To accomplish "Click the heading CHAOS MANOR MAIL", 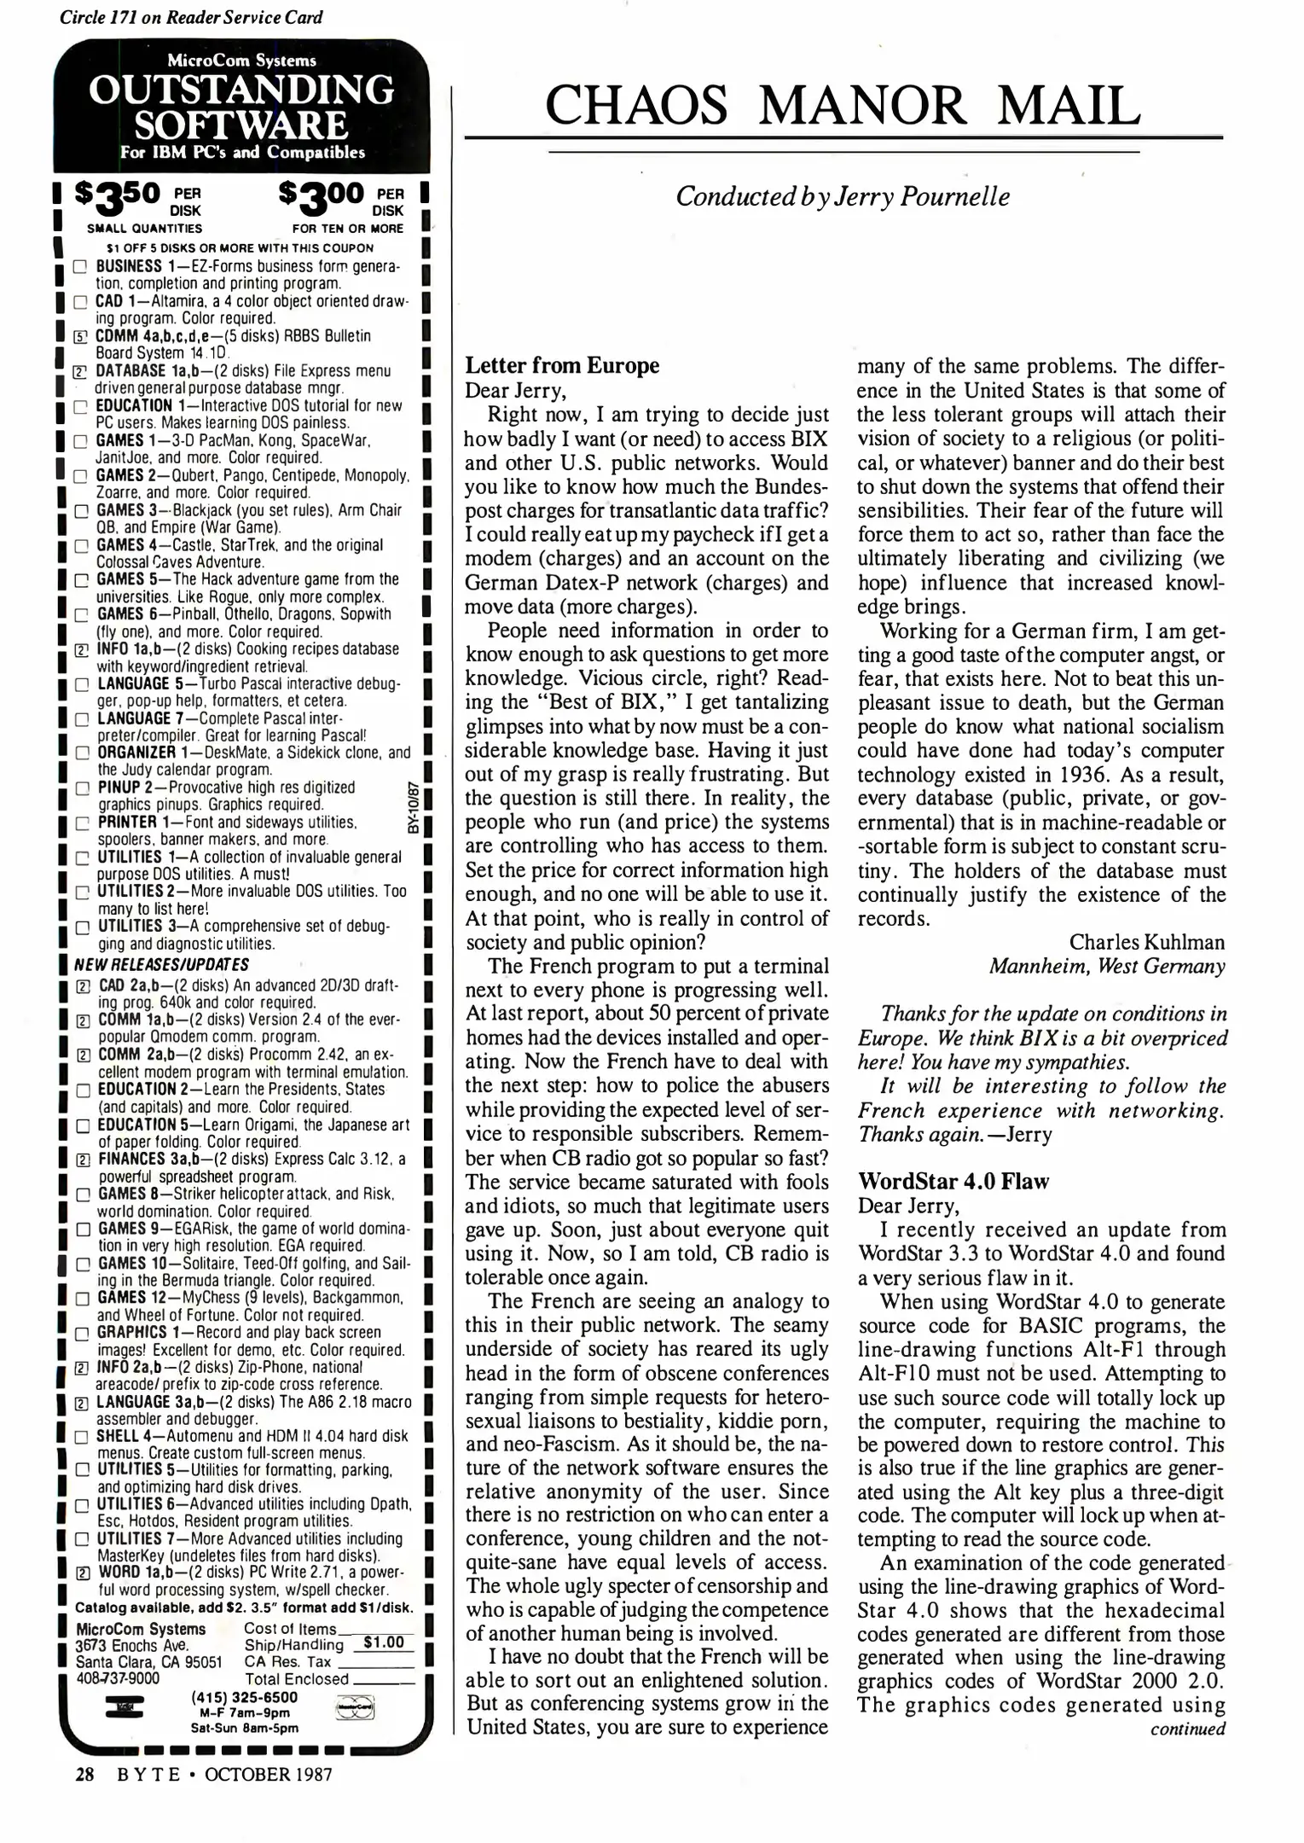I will point(843,106).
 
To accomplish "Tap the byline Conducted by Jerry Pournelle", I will point(843,197).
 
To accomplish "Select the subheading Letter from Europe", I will point(562,366).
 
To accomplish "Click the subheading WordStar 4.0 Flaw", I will point(953,1182).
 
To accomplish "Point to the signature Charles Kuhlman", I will point(1147,942).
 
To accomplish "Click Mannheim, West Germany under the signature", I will point(1107,967).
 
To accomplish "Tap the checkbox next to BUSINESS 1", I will point(79,267).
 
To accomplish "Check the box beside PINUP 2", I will point(82,789).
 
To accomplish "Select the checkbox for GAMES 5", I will point(81,581).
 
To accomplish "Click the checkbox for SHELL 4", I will point(82,1438).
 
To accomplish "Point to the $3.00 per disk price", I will point(341,199).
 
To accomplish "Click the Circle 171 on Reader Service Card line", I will point(191,16).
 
